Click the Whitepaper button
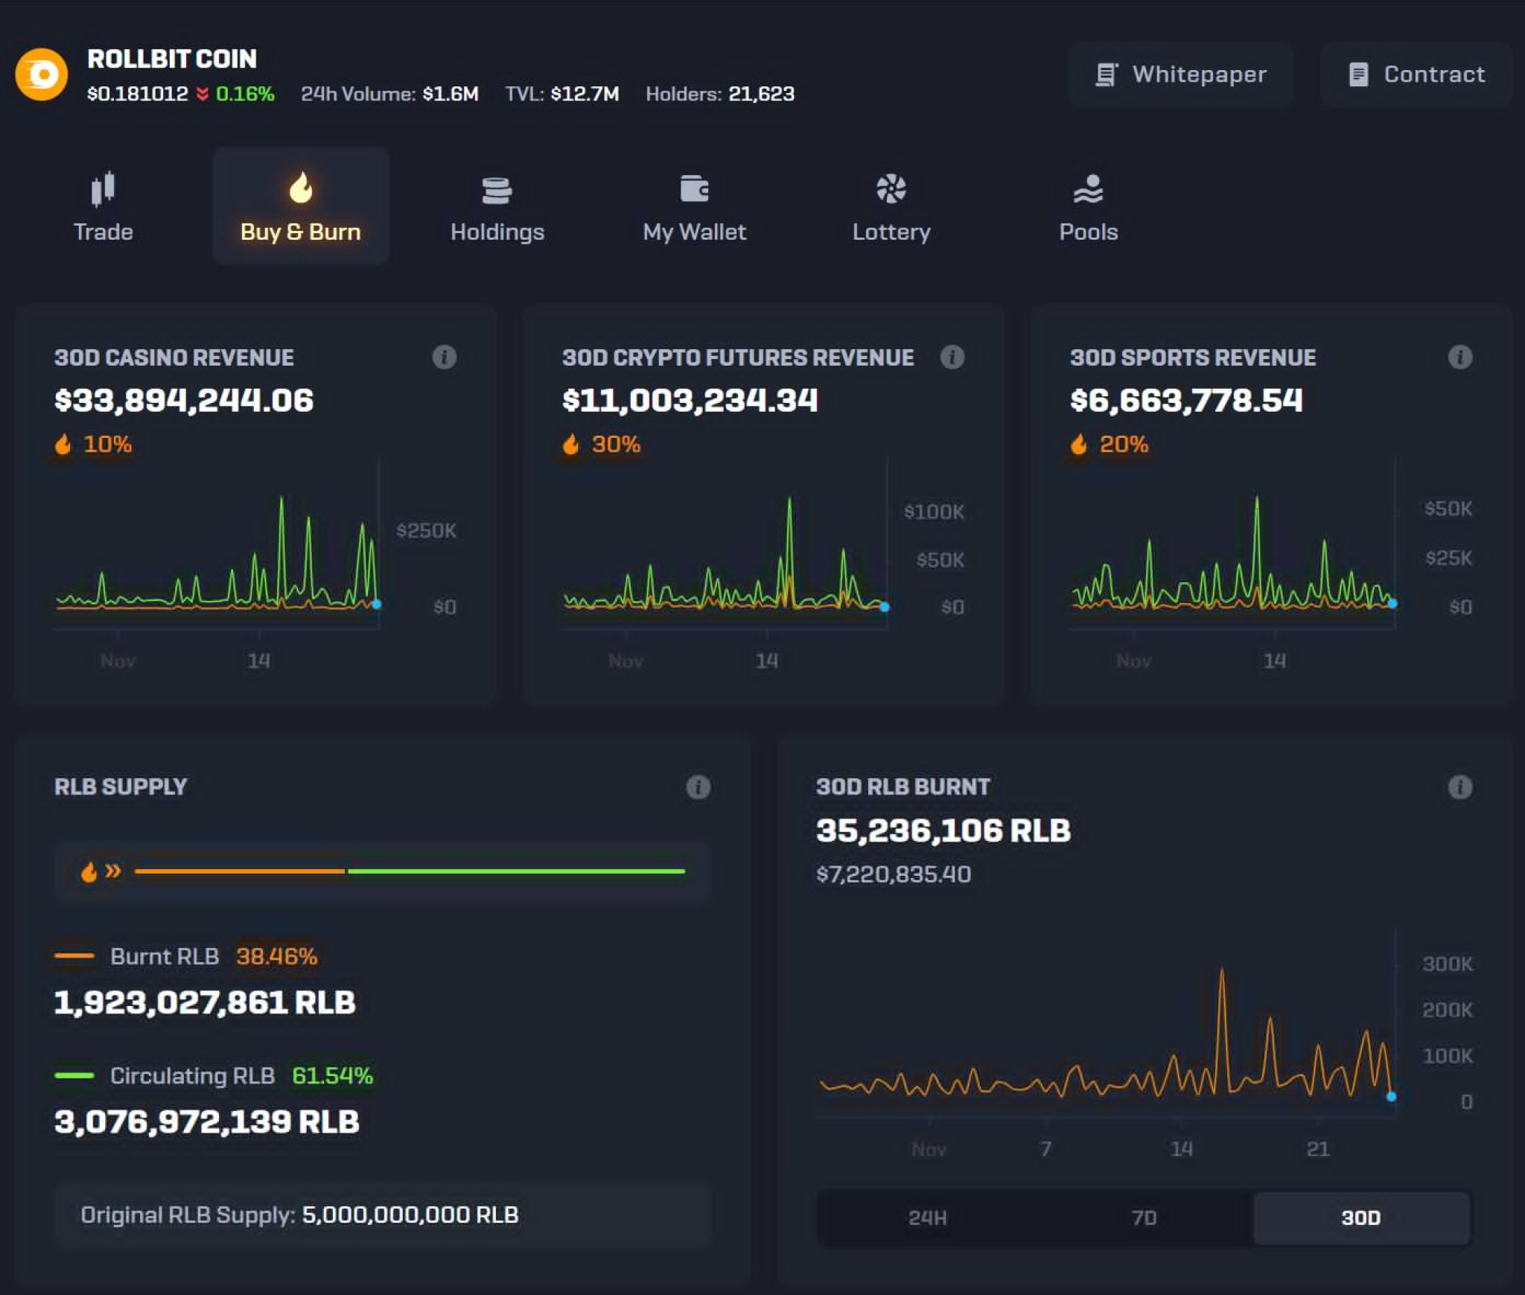click(1181, 74)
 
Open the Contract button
click(1416, 74)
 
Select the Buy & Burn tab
click(301, 206)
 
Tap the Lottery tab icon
click(891, 189)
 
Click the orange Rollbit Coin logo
click(42, 74)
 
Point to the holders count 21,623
click(761, 94)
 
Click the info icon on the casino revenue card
click(445, 357)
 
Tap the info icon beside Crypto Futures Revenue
click(952, 357)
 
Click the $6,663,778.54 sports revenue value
click(1186, 401)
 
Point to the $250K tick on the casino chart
click(426, 530)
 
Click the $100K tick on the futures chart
click(934, 512)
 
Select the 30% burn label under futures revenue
click(615, 445)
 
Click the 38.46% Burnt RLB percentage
click(276, 956)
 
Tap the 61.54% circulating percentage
click(332, 1075)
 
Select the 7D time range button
click(1144, 1218)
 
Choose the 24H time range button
click(927, 1218)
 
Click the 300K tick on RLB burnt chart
click(1447, 964)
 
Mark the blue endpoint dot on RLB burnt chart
click(1391, 1096)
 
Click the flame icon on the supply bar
click(89, 871)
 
